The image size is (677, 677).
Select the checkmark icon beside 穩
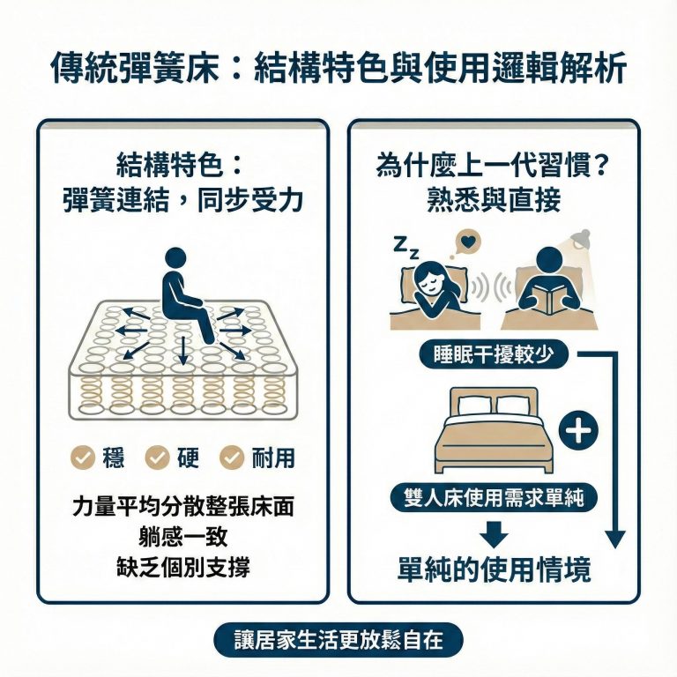pyautogui.click(x=83, y=457)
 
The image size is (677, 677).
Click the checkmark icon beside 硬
pyautogui.click(x=158, y=457)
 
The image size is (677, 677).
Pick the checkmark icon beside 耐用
pyautogui.click(x=232, y=457)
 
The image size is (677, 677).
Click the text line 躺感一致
pyautogui.click(x=182, y=537)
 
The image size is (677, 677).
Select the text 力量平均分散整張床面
pyautogui.click(x=182, y=508)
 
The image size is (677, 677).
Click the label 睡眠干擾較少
pyautogui.click(x=494, y=355)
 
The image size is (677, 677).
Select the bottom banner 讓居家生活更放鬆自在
pyautogui.click(x=338, y=640)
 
